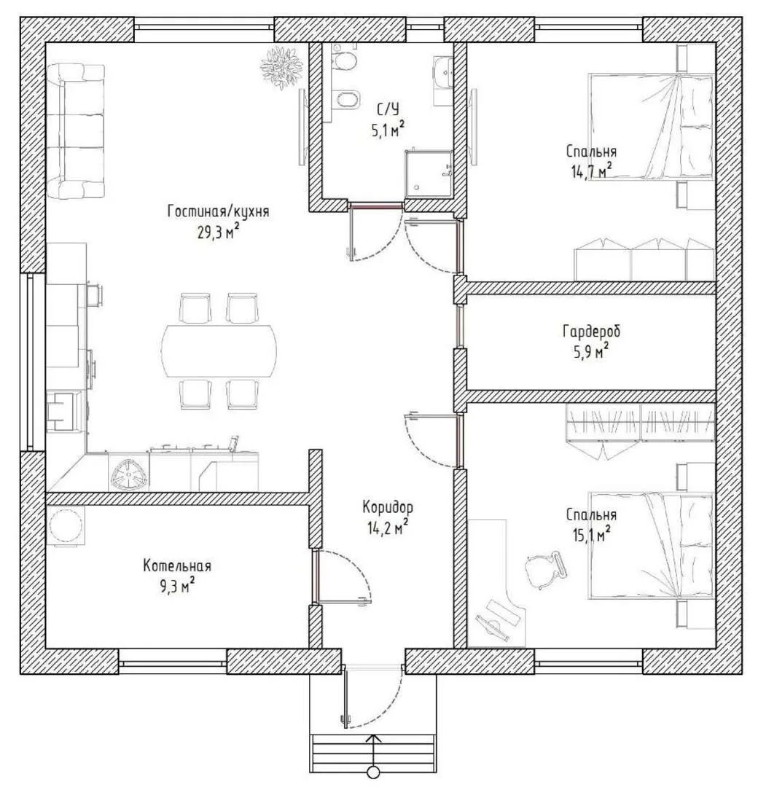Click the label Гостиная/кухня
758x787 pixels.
(x=219, y=211)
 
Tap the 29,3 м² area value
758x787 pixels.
(x=218, y=232)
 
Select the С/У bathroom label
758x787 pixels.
(x=387, y=109)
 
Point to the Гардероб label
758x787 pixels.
(x=591, y=332)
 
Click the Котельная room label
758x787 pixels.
(x=177, y=565)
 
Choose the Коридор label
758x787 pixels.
(x=388, y=507)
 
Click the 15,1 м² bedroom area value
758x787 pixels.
(x=591, y=534)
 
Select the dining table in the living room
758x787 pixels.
(x=219, y=351)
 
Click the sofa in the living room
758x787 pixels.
(x=77, y=131)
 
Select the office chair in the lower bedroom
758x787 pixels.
(x=546, y=570)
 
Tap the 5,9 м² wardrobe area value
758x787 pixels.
(x=591, y=351)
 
